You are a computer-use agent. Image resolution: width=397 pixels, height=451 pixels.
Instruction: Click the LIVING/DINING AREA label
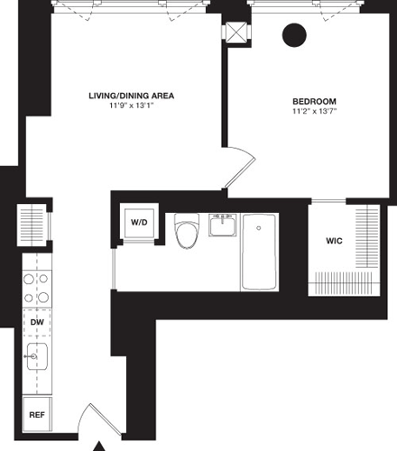pyautogui.click(x=131, y=95)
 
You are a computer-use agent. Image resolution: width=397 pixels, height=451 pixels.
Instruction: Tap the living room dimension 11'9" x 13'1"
pyautogui.click(x=131, y=106)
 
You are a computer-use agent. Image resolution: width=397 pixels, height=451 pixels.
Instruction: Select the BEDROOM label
pyautogui.click(x=314, y=101)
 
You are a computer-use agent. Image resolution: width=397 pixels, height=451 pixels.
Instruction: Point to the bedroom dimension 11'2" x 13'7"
pyautogui.click(x=314, y=113)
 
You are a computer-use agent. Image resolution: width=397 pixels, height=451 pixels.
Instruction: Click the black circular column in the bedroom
pyautogui.click(x=294, y=35)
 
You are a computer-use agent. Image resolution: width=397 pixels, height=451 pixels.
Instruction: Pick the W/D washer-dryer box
pyautogui.click(x=139, y=222)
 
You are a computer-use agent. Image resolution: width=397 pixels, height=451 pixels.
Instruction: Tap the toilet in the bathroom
pyautogui.click(x=188, y=233)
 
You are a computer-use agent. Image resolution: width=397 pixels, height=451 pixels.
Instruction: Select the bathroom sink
pyautogui.click(x=223, y=225)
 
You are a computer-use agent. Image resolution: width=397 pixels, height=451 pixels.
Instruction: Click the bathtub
pyautogui.click(x=260, y=252)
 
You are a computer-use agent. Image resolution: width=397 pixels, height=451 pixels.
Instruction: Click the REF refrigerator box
pyautogui.click(x=37, y=416)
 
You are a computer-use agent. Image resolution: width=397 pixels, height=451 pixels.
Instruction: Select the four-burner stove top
pyautogui.click(x=36, y=288)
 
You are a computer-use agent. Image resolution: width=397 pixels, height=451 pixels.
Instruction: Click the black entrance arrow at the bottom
pyautogui.click(x=100, y=445)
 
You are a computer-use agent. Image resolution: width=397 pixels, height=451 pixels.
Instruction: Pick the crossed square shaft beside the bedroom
pyautogui.click(x=236, y=32)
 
